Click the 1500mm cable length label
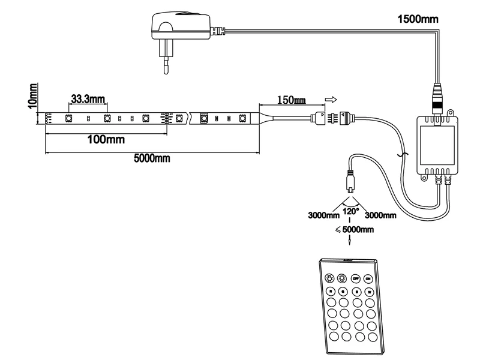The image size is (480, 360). pyautogui.click(x=418, y=19)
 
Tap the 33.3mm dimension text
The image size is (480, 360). pyautogui.click(x=88, y=98)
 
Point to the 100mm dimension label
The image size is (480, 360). pyautogui.click(x=106, y=140)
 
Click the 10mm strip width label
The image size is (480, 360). pyautogui.click(x=34, y=96)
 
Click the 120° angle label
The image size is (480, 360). pyautogui.click(x=351, y=211)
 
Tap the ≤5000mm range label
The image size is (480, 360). pyautogui.click(x=354, y=229)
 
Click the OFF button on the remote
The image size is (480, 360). pyautogui.click(x=356, y=278)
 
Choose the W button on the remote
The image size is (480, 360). pyautogui.click(x=370, y=292)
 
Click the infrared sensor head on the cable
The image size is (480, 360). pyautogui.click(x=350, y=180)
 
